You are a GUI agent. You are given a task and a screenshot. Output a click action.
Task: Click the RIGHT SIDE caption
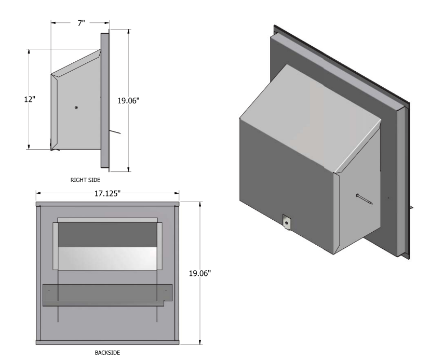coord(85,179)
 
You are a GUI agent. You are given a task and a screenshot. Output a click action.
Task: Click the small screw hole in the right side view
coord(76,108)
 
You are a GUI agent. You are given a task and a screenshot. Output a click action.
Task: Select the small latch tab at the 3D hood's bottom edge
coord(287,221)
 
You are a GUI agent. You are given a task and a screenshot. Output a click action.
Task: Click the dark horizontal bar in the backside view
coord(104,295)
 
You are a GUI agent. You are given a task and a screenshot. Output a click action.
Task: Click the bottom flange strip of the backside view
coord(107,341)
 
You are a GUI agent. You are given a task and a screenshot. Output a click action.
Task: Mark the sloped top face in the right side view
coord(75,63)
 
